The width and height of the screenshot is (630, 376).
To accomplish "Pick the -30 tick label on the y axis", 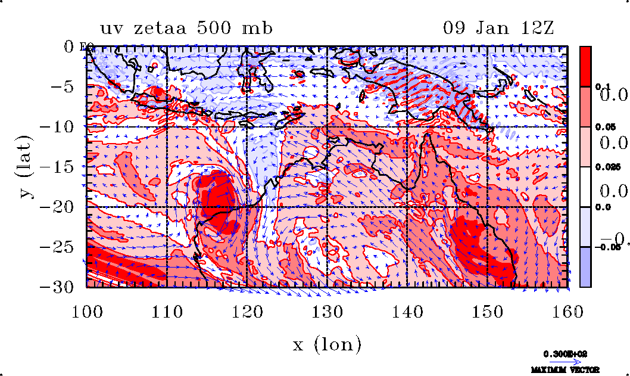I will pyautogui.click(x=63, y=287).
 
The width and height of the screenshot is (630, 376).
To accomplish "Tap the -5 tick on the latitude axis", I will pyautogui.click(x=67, y=86).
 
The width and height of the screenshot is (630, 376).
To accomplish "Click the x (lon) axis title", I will pyautogui.click(x=326, y=344).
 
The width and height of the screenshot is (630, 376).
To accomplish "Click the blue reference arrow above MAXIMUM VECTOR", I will pyautogui.click(x=564, y=361).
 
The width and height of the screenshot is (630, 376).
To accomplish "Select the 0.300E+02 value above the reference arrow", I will pyautogui.click(x=564, y=353).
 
